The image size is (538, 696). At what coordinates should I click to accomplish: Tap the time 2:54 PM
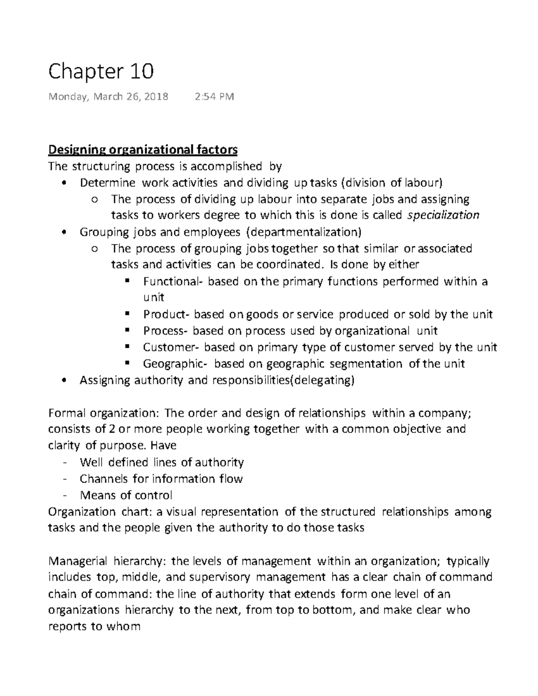click(x=214, y=97)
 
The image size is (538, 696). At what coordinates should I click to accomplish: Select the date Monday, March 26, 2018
click(x=108, y=97)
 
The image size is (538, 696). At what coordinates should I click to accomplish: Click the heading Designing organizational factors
click(x=143, y=149)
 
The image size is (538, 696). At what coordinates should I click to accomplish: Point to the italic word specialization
click(x=443, y=215)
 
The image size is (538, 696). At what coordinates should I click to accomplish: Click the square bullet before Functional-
click(x=127, y=281)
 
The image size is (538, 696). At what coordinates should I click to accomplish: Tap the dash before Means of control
click(x=65, y=496)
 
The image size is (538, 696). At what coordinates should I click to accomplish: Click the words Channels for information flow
click(x=161, y=479)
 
